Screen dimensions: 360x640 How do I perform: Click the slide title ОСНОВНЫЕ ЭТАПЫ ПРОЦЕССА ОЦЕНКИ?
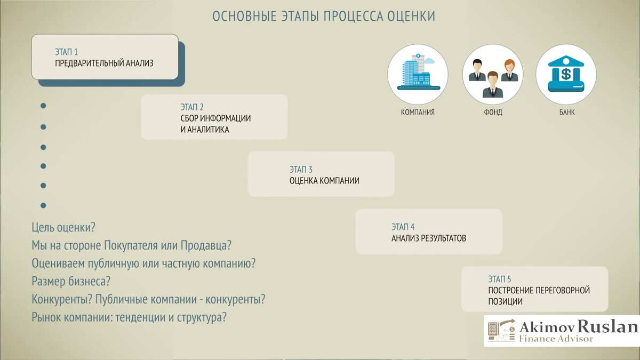323,16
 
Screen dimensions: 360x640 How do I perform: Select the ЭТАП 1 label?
66,52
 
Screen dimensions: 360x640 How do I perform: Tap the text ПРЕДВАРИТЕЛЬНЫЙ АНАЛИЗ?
104,63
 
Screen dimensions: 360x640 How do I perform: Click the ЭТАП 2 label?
192,107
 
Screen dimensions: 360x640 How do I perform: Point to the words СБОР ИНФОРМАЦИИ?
215,118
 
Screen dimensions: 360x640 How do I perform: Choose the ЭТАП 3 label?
301,169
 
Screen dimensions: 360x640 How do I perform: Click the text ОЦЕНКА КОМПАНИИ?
324,181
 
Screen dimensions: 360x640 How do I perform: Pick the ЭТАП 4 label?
403,227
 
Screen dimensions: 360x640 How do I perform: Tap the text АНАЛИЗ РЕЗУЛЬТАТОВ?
428,238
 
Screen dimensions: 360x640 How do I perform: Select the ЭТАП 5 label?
499,279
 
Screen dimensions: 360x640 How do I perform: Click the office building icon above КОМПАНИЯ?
418,74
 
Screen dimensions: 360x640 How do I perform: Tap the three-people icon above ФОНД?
493,74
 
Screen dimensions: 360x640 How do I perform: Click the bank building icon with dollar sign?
566,74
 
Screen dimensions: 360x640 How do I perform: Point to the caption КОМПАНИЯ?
418,113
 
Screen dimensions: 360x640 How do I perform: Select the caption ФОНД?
493,113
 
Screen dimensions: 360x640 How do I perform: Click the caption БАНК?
567,113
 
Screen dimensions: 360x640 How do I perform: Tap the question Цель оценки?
63,227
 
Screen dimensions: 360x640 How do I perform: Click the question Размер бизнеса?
74,281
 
